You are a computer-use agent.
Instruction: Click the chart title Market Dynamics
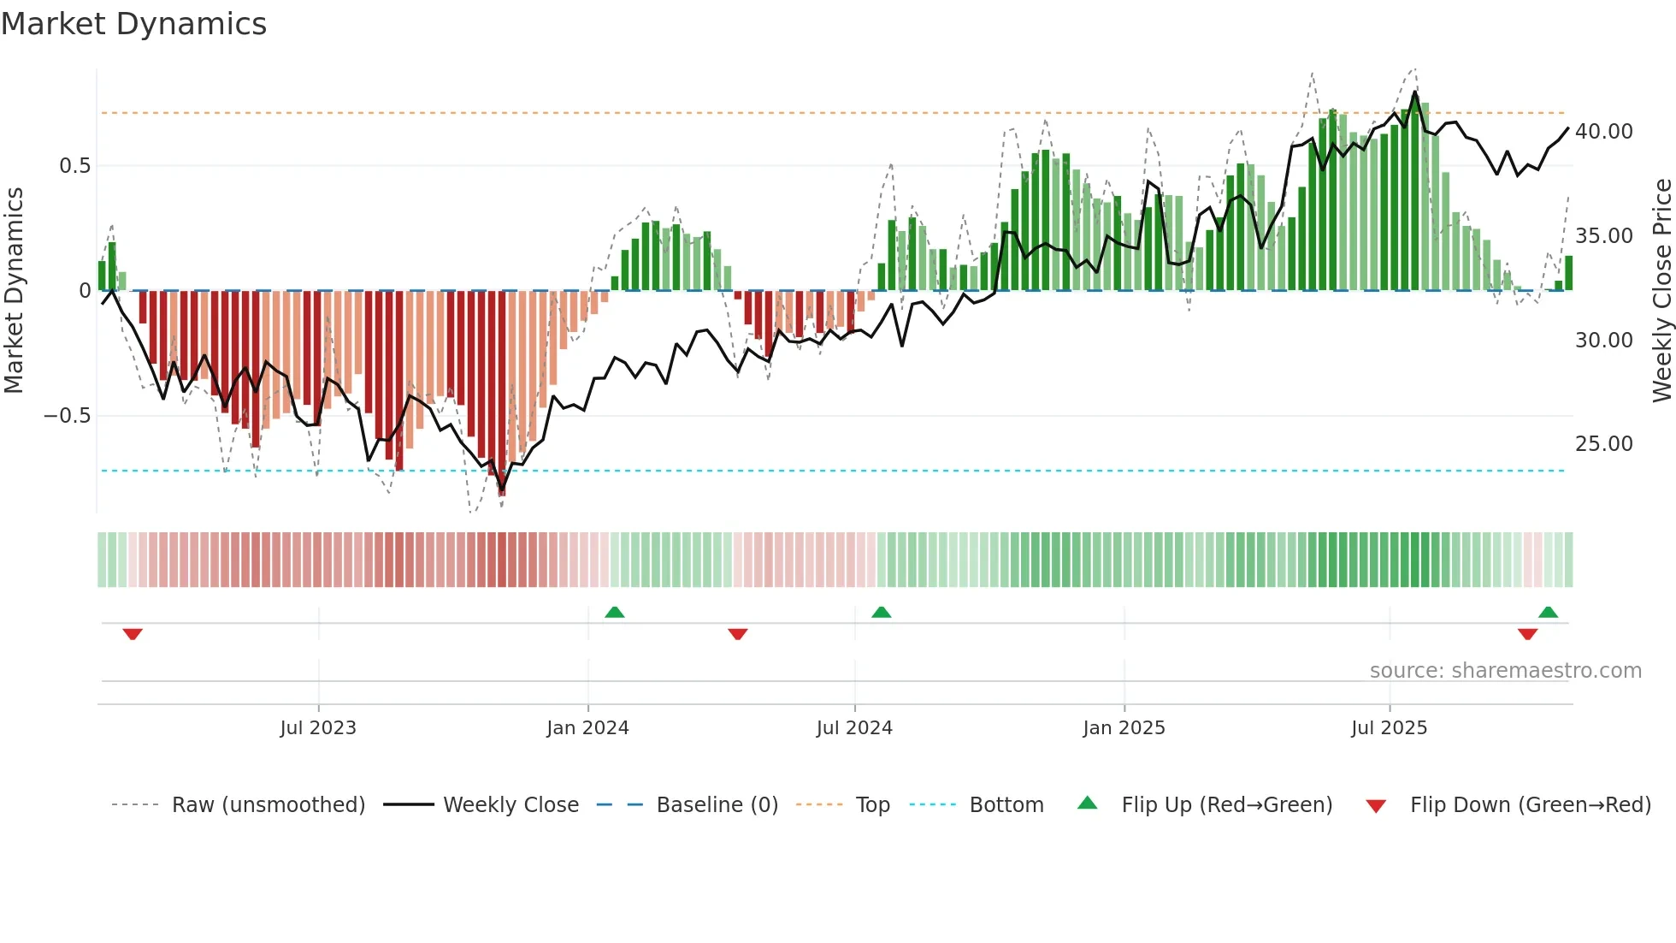(134, 24)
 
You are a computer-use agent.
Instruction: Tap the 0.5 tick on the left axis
(74, 166)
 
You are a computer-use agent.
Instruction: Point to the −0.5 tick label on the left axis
(67, 416)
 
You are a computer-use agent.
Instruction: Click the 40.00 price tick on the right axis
(1603, 132)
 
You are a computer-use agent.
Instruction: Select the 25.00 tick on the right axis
(1603, 444)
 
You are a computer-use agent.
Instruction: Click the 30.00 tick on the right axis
(1603, 341)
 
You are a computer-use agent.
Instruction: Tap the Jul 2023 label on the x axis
(318, 728)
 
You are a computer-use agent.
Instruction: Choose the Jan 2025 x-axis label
(1124, 728)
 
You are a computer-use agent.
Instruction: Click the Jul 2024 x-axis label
(854, 728)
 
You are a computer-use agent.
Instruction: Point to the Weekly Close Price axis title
(1661, 291)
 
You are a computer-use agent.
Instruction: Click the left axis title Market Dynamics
(14, 291)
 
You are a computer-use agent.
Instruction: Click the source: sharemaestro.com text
(1505, 671)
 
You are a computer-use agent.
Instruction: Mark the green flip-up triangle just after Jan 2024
(615, 613)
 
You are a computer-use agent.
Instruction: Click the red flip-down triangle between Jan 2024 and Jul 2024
(738, 634)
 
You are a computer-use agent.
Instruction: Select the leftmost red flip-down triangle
(133, 634)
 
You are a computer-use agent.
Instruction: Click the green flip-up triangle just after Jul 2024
(882, 613)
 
